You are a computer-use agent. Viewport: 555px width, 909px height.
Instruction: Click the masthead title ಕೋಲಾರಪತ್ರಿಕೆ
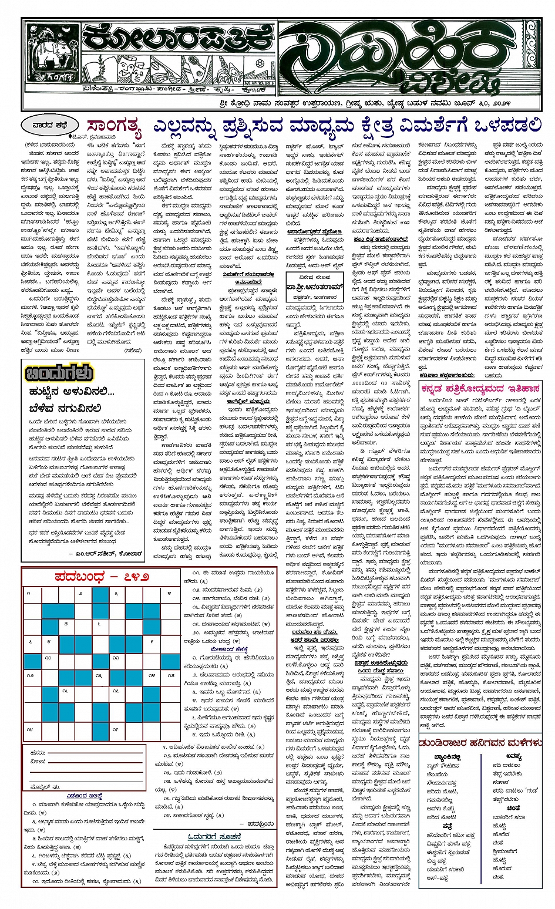tap(176, 39)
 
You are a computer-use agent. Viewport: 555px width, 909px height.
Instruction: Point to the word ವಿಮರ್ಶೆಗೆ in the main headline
tap(425, 126)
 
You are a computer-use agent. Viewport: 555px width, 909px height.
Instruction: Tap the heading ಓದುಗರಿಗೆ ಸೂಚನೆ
tap(215, 836)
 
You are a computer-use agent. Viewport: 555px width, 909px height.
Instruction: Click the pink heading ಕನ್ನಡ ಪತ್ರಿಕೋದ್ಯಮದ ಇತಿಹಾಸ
tap(480, 388)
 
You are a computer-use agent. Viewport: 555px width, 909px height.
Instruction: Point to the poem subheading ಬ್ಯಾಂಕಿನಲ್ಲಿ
tap(446, 757)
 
